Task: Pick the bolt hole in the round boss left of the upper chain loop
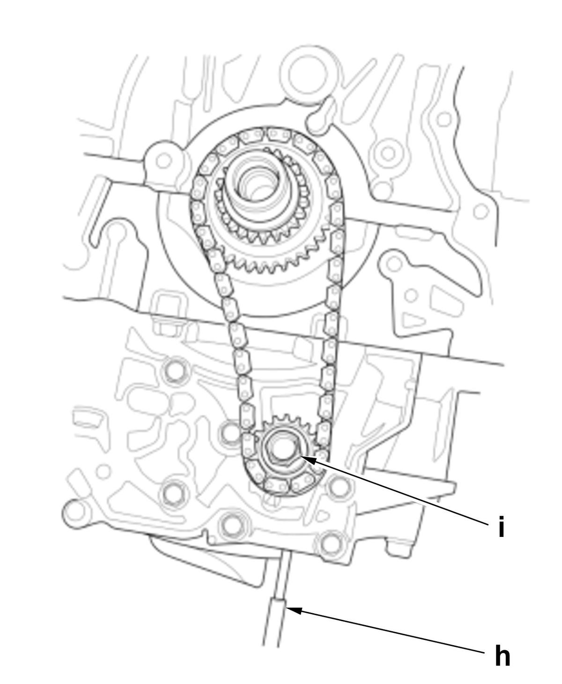click(163, 160)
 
